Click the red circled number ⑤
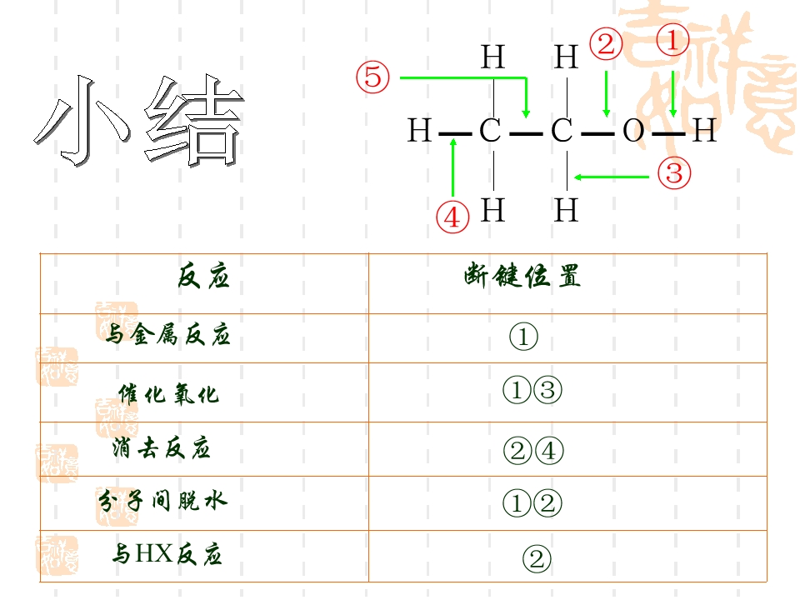(373, 77)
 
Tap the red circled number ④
(452, 217)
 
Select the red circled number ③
(674, 173)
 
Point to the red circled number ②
(606, 43)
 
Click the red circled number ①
(672, 40)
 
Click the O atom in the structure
(633, 131)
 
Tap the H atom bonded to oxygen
(705, 131)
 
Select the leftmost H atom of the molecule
(419, 131)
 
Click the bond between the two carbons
(526, 134)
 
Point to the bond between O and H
(669, 134)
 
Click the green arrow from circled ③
(611, 177)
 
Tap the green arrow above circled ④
(453, 167)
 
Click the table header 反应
(203, 277)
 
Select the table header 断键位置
(522, 276)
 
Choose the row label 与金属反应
(167, 335)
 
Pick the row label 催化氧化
(169, 394)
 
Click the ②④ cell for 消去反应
(533, 451)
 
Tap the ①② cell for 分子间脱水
(532, 503)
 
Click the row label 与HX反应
(167, 554)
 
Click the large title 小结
(139, 120)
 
